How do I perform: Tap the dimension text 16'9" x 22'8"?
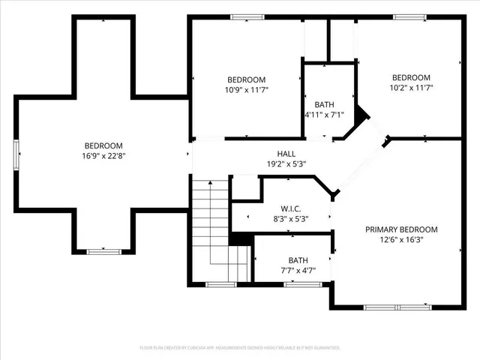(x=103, y=156)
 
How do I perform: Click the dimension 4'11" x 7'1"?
(x=323, y=115)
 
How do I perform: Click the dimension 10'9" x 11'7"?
(x=247, y=89)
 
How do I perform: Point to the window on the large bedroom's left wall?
(x=16, y=156)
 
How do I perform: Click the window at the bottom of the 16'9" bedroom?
(x=103, y=252)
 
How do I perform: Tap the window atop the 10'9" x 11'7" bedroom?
(x=247, y=16)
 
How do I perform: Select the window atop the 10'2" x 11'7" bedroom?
(x=410, y=16)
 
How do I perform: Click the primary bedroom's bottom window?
(x=392, y=306)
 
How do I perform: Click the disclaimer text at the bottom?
(x=240, y=348)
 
